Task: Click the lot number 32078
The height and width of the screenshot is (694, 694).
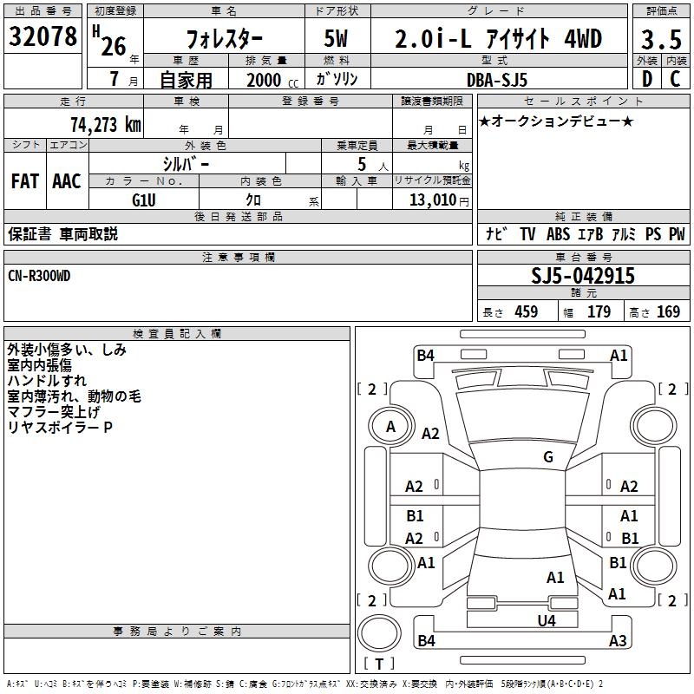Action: click(43, 38)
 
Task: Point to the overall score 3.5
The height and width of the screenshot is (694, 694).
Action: click(660, 40)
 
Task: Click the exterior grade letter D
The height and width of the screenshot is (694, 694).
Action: click(645, 79)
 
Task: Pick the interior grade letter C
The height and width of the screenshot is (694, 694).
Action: click(675, 79)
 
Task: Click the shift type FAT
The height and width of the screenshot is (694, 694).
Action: click(25, 181)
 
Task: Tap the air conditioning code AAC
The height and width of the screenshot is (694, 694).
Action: click(67, 181)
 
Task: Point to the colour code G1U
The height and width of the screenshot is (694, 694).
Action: click(144, 200)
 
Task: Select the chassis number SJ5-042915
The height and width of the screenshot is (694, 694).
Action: click(583, 276)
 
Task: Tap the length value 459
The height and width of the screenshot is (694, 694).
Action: click(526, 312)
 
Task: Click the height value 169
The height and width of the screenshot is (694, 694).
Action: click(668, 312)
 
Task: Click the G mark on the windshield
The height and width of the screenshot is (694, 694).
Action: click(548, 457)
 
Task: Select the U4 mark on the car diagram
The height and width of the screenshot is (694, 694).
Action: click(546, 620)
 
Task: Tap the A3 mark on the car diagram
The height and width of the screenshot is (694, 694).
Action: click(618, 641)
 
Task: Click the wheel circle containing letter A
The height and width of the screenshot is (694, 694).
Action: click(390, 426)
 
